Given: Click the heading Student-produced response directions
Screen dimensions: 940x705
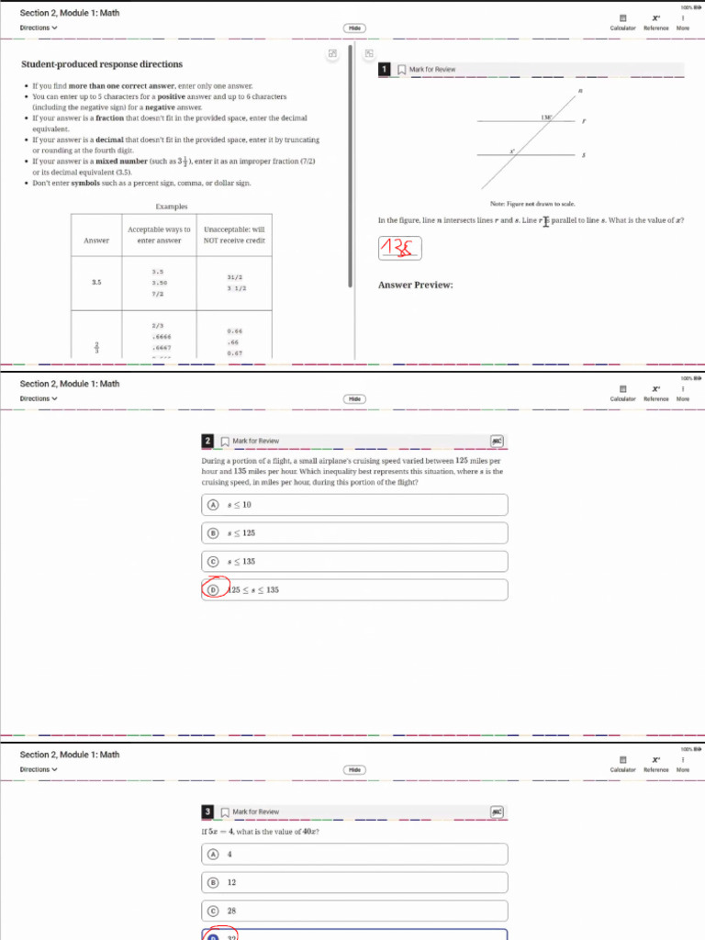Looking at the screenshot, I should pos(102,64).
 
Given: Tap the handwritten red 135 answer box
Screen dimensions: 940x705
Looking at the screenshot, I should pos(400,247).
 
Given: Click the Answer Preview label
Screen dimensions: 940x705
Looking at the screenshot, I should pos(416,285).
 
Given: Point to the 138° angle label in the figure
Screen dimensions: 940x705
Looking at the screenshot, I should pos(546,117).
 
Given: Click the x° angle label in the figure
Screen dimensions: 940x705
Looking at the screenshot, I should pos(512,151).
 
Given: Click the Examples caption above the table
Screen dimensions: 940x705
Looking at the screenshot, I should pos(172,207).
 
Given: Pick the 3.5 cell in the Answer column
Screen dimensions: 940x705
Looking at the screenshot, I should pos(96,282).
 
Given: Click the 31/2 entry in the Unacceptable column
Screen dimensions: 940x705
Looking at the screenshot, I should pos(234,276).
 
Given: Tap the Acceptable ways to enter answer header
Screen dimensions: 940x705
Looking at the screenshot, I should pos(159,235).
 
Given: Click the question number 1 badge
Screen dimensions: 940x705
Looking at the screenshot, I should pos(385,70).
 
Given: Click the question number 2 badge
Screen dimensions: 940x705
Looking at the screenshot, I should pos(208,442).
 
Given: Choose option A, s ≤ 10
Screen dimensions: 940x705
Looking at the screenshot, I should pos(353,505).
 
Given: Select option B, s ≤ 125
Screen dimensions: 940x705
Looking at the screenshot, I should pos(353,533).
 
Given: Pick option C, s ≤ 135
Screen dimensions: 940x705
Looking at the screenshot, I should pos(353,562).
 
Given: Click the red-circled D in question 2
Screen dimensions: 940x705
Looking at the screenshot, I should pos(213,589).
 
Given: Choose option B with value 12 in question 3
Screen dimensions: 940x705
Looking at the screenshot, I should pos(353,882).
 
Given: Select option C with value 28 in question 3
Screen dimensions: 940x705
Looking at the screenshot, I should pos(353,912).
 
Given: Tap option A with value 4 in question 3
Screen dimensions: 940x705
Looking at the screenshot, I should pos(353,854).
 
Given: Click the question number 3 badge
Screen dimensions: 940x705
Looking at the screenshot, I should pos(208,812).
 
